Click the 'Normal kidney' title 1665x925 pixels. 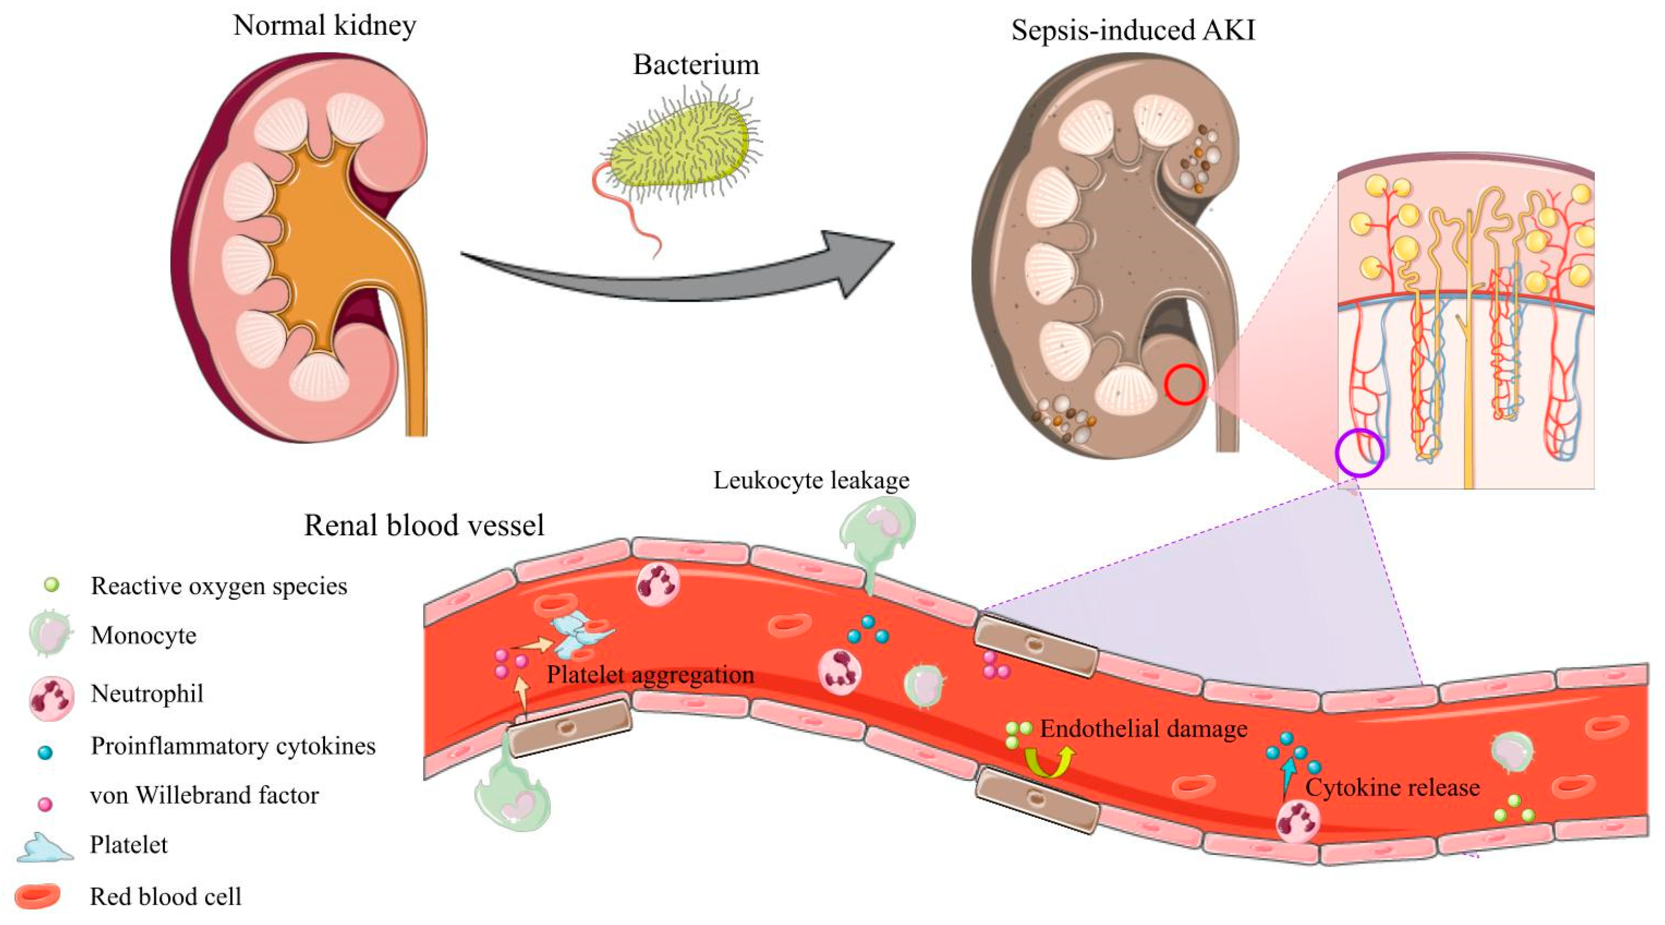[x=325, y=26]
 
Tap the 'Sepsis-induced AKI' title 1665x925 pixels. [x=1133, y=31]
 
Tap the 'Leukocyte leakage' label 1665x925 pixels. [x=811, y=480]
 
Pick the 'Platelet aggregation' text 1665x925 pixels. [x=650, y=674]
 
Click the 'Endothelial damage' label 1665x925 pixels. [x=1143, y=728]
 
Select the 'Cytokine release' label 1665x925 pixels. [x=1392, y=787]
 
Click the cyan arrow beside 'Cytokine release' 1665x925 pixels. [x=1288, y=778]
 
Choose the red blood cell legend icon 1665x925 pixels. [x=37, y=896]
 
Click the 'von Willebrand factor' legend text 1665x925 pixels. [x=204, y=795]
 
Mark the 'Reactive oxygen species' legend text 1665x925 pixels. [x=219, y=586]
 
